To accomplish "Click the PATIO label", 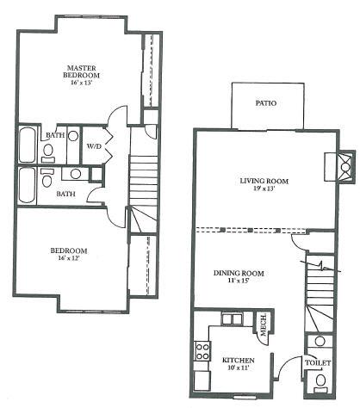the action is [x=266, y=103].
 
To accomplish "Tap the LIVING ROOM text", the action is [x=264, y=181].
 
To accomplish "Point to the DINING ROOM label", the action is [x=239, y=273].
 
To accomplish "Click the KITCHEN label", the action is [x=239, y=360].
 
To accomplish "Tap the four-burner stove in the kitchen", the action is [x=202, y=351].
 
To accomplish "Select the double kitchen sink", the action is [x=232, y=319].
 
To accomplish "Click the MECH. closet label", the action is [x=264, y=325].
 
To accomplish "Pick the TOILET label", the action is [x=318, y=362].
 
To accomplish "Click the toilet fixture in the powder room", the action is [x=320, y=384].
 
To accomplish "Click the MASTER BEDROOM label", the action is [x=82, y=71].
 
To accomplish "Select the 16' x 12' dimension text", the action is [x=69, y=258].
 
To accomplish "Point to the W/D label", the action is [x=94, y=146].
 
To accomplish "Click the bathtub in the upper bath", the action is [x=28, y=145].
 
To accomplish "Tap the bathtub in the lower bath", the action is [x=28, y=185].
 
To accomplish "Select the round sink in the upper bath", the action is [x=73, y=136].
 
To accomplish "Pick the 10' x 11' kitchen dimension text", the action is [x=238, y=368].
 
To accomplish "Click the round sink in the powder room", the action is [x=320, y=342].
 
